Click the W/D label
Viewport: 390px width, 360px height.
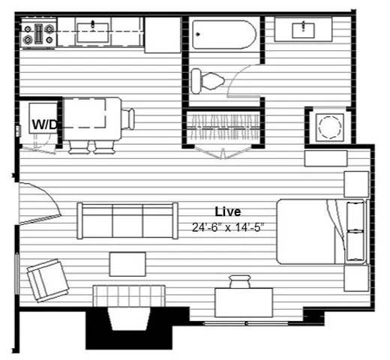44,124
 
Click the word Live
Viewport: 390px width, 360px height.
228,211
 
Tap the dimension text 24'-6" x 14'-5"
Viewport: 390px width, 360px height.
228,227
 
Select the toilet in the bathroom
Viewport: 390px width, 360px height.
207,81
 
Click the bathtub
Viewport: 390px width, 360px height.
224,34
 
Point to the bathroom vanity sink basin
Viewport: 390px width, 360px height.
303,31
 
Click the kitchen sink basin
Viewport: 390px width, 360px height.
93,33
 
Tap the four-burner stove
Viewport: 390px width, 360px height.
38,34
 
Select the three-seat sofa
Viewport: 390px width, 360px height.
127,220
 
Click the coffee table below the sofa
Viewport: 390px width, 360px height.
127,264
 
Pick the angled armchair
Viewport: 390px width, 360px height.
48,280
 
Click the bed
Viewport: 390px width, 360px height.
322,232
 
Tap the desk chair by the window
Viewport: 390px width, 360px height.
240,281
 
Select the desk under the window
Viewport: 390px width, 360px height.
244,303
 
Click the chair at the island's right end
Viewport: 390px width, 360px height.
128,119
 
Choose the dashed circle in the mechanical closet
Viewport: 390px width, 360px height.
329,127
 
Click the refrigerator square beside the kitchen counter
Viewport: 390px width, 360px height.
163,34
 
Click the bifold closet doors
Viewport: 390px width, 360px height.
223,153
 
